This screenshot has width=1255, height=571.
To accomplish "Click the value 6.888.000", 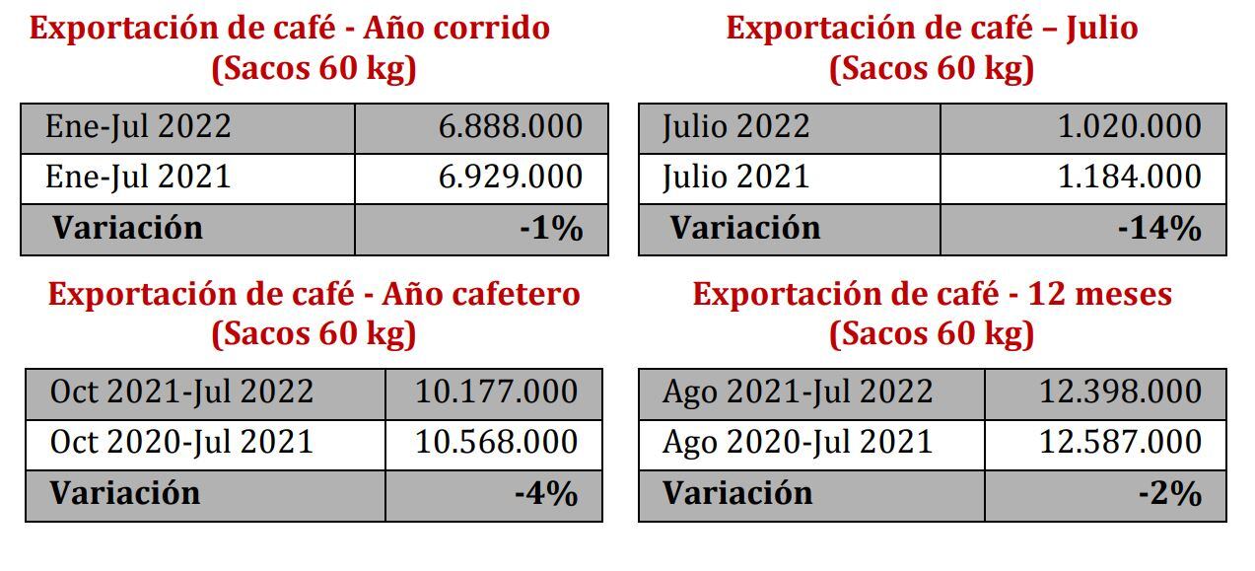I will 511,127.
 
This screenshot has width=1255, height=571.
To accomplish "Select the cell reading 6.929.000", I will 511,178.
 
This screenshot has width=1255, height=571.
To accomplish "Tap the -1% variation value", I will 551,229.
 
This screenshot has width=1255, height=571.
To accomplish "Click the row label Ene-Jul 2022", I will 138,127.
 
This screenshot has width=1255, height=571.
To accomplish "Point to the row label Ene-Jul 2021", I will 138,178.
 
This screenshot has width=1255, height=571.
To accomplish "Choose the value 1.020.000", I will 1129,127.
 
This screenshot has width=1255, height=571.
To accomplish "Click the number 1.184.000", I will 1129,178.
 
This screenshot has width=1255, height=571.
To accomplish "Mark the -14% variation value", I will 1159,229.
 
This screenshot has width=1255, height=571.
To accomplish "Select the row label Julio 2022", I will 736,127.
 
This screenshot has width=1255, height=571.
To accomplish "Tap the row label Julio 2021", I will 736,178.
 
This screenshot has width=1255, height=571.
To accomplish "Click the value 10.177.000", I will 496,393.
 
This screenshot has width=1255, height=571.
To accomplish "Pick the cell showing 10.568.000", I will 496,443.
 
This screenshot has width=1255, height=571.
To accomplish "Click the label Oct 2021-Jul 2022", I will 181,393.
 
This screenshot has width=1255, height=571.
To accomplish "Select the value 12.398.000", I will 1120,393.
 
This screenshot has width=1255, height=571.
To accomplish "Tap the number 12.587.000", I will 1120,443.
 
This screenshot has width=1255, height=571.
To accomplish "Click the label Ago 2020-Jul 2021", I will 798,443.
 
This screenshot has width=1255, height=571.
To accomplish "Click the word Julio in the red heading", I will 1101,29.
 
